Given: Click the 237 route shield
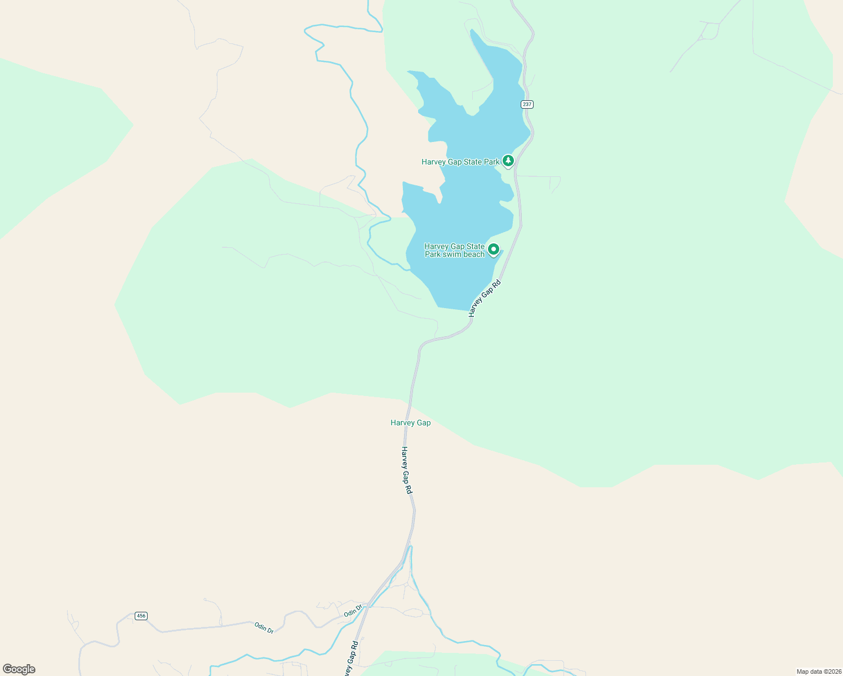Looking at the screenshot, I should pos(527,104).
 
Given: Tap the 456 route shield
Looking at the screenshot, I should pos(141,616).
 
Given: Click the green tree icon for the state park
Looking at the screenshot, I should pos(508,161).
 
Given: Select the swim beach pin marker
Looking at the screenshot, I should pos(494,249).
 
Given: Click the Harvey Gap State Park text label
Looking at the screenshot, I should pos(460,162).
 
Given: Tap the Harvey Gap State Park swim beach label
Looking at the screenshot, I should pos(454,250).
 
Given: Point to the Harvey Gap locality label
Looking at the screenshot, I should pos(410,422).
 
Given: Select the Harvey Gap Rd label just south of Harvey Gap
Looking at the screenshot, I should pos(406,470).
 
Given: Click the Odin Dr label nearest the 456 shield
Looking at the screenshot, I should pos(264,628).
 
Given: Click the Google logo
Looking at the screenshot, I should pos(19,669).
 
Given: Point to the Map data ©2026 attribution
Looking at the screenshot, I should pos(819,671).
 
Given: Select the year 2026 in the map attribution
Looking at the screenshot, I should pos(834,671).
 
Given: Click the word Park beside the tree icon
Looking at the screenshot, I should pos(490,162).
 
